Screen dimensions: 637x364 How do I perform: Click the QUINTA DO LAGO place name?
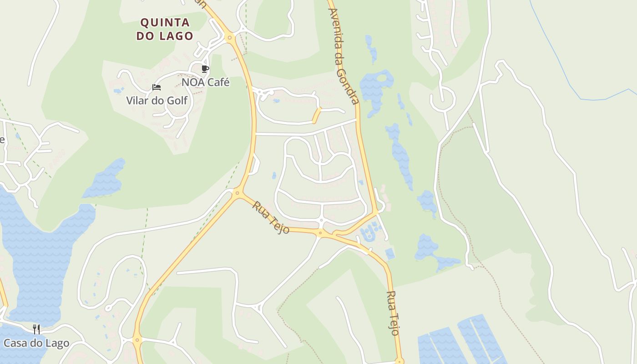coord(165,29)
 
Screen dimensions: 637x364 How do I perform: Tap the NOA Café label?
coord(206,82)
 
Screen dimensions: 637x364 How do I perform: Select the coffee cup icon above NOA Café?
coord(205,69)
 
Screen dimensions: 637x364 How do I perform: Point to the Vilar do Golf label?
coord(157,101)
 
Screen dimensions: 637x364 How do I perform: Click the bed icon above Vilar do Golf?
coord(157,87)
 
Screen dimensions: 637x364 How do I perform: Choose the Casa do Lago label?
coord(36,343)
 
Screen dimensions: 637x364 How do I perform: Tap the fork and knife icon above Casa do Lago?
coord(36,329)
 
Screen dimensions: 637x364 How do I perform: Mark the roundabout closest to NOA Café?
coord(229,37)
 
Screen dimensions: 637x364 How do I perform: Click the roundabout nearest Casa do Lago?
coord(137,339)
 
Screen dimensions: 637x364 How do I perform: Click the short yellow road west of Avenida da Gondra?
coord(316,116)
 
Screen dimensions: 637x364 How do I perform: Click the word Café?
coord(217,82)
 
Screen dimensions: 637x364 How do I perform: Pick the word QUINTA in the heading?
coord(165,22)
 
